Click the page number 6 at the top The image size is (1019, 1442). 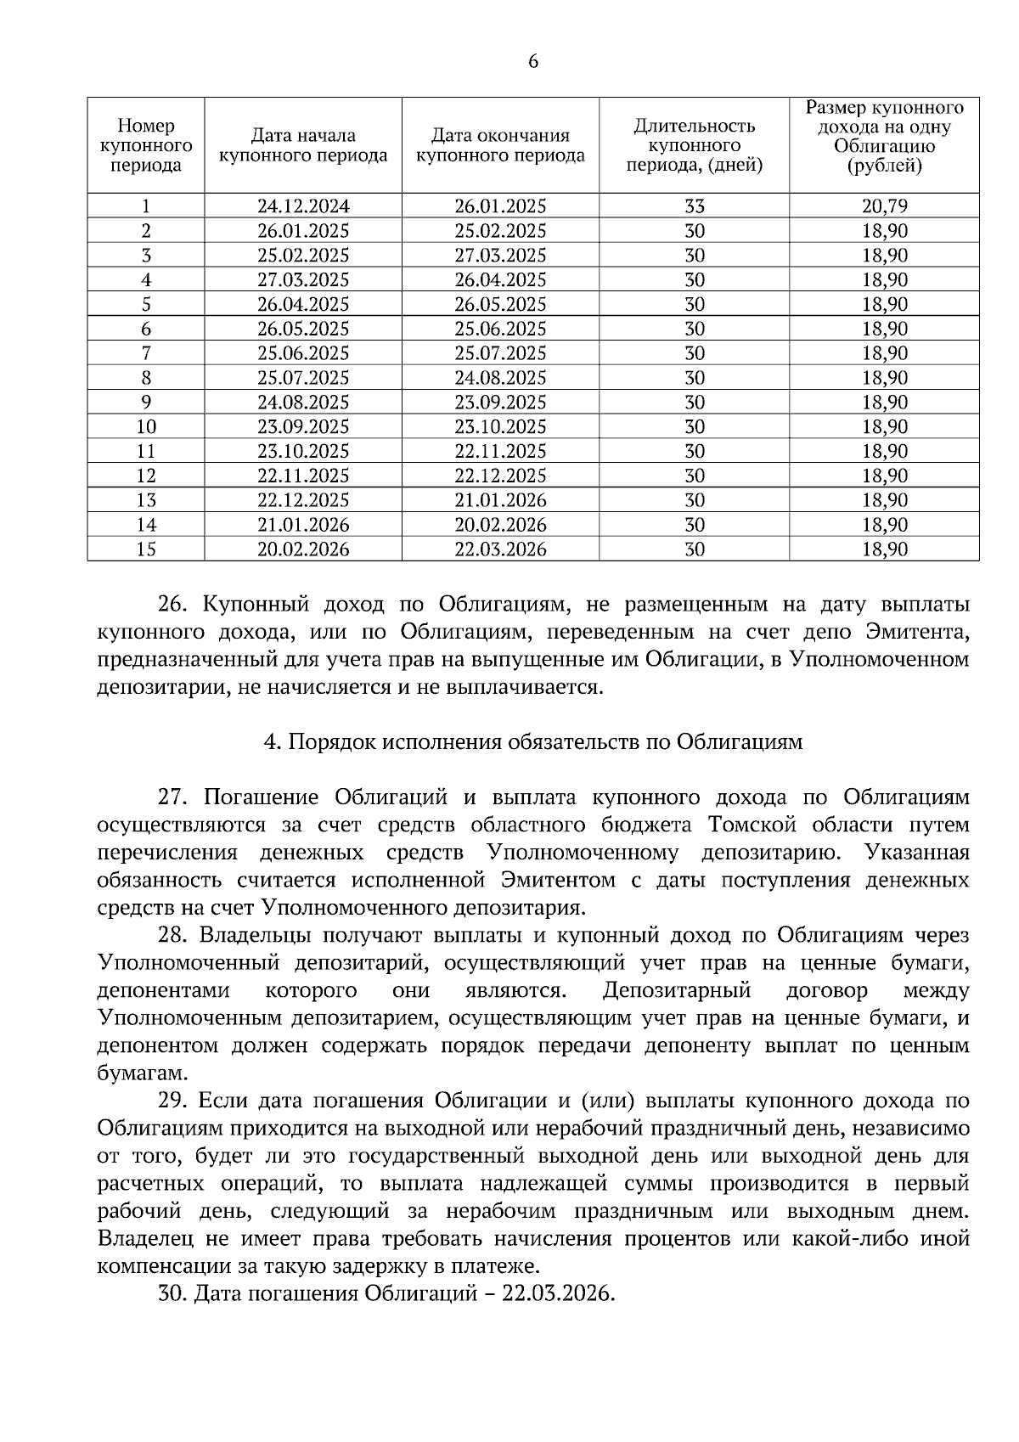coord(532,62)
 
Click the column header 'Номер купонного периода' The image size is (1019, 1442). coord(146,145)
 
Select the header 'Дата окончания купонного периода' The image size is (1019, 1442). coord(500,145)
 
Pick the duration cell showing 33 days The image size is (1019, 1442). coord(694,206)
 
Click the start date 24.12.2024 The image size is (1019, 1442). coord(303,206)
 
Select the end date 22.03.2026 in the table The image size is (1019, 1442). coord(500,549)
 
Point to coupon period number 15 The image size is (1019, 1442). coord(146,549)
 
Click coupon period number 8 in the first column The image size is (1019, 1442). coord(146,378)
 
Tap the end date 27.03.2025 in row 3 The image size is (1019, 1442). coord(500,256)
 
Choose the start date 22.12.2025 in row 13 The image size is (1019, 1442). coord(303,500)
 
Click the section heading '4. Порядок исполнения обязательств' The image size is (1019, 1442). coord(532,742)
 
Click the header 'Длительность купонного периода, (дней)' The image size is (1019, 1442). coord(694,145)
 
